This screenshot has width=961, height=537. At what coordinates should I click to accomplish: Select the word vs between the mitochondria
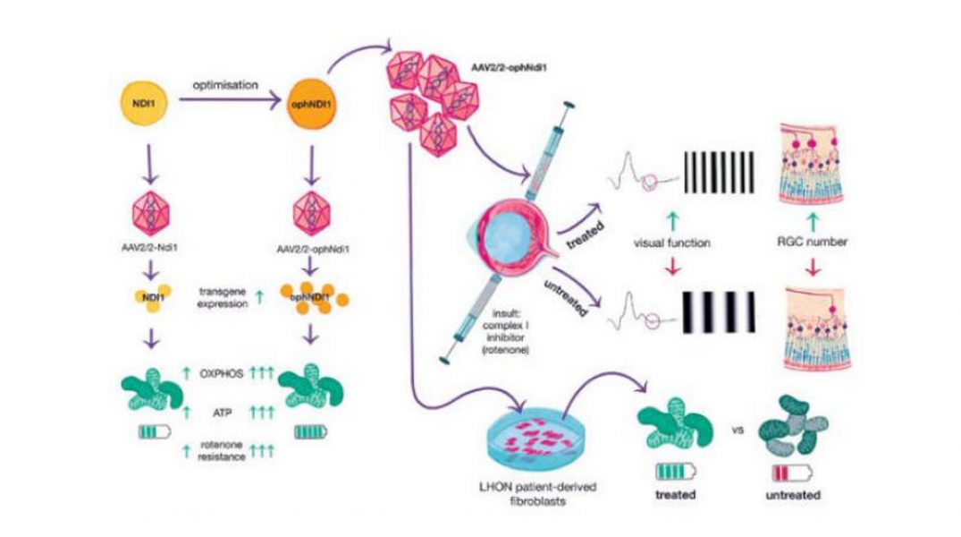pyautogui.click(x=738, y=430)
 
